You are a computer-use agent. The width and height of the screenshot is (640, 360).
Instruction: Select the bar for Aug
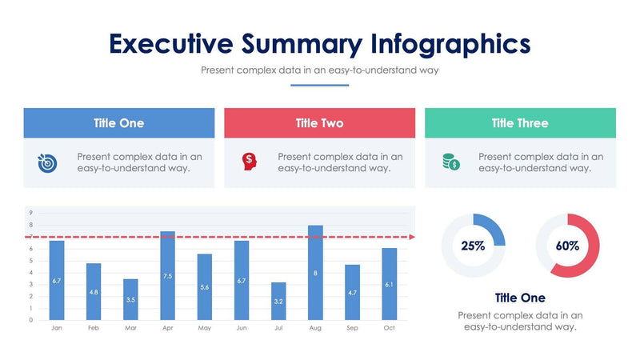(x=315, y=272)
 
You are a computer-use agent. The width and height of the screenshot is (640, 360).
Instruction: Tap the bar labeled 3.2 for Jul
(x=278, y=301)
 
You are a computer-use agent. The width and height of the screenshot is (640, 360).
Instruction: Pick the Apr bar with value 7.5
(x=167, y=275)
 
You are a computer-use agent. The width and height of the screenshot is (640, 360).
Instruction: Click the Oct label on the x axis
(x=390, y=328)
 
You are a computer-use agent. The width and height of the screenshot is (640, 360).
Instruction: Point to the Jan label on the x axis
(x=57, y=328)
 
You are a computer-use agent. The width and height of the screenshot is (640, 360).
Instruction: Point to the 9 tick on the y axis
(x=30, y=213)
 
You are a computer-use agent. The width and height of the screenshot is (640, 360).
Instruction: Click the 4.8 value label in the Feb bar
(x=94, y=292)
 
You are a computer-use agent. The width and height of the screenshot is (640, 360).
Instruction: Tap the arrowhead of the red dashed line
(x=412, y=237)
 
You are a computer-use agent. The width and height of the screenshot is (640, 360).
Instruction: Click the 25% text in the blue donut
(x=473, y=246)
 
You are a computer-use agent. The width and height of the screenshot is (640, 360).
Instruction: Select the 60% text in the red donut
(x=567, y=246)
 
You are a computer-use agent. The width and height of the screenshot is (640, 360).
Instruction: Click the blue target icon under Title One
(x=47, y=162)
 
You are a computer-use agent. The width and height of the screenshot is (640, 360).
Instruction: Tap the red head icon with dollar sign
(x=249, y=162)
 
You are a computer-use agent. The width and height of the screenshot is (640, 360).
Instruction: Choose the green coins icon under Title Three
(x=451, y=162)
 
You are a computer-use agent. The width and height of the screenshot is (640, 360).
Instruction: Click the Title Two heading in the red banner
(x=319, y=123)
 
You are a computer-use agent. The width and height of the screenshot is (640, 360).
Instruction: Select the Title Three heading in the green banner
(x=520, y=123)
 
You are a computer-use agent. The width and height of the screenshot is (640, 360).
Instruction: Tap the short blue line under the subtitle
(x=319, y=85)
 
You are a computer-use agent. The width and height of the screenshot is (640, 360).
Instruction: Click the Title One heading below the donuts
(x=520, y=298)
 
